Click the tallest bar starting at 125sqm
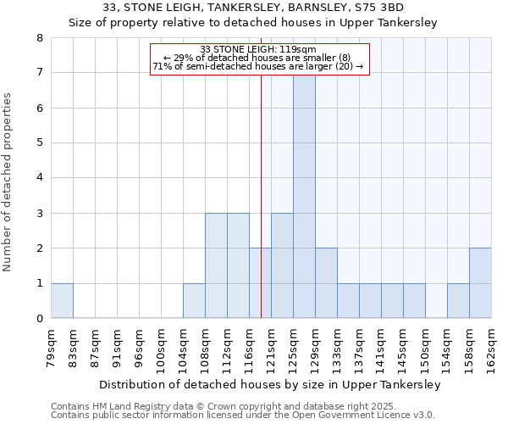[x=304, y=196]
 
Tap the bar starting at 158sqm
[x=480, y=283]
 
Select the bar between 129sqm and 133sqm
[x=326, y=283]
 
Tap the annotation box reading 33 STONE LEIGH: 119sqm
[x=260, y=59]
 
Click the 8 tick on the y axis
[x=39, y=38]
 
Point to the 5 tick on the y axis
[x=39, y=143]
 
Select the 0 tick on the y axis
[x=39, y=319]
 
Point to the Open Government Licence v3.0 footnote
[x=364, y=415]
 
